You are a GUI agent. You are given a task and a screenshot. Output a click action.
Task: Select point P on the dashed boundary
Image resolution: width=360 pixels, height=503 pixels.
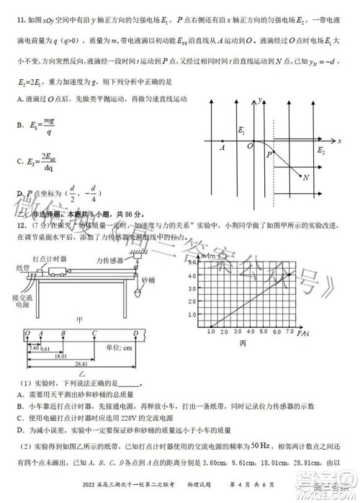pyautogui.click(x=269, y=153)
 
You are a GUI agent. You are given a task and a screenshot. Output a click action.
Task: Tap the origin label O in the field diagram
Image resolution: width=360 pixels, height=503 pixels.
pyautogui.click(x=249, y=146)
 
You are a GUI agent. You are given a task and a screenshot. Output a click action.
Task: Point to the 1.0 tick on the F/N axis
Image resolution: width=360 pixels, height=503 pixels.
pyautogui.click(x=210, y=333)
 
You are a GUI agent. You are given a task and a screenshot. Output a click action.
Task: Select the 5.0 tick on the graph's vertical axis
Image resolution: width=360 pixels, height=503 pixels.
pyautogui.click(x=194, y=264)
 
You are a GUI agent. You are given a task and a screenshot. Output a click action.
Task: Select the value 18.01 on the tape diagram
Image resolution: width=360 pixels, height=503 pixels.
pyautogui.click(x=60, y=357)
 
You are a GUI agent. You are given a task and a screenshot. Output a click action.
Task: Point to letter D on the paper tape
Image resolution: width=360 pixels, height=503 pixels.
pyautogui.click(x=136, y=332)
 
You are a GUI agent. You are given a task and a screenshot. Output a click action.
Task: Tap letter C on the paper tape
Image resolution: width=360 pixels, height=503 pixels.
pyautogui.click(x=94, y=332)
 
